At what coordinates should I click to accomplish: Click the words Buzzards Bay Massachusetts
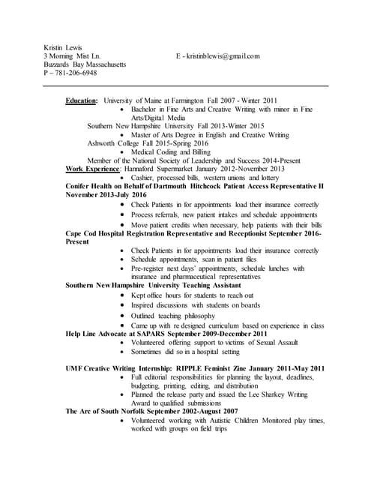pyautogui.click(x=85, y=64)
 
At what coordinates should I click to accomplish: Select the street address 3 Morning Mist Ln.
pyautogui.click(x=72, y=55)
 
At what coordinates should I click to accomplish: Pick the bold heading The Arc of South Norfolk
pyautogui.click(x=109, y=411)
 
